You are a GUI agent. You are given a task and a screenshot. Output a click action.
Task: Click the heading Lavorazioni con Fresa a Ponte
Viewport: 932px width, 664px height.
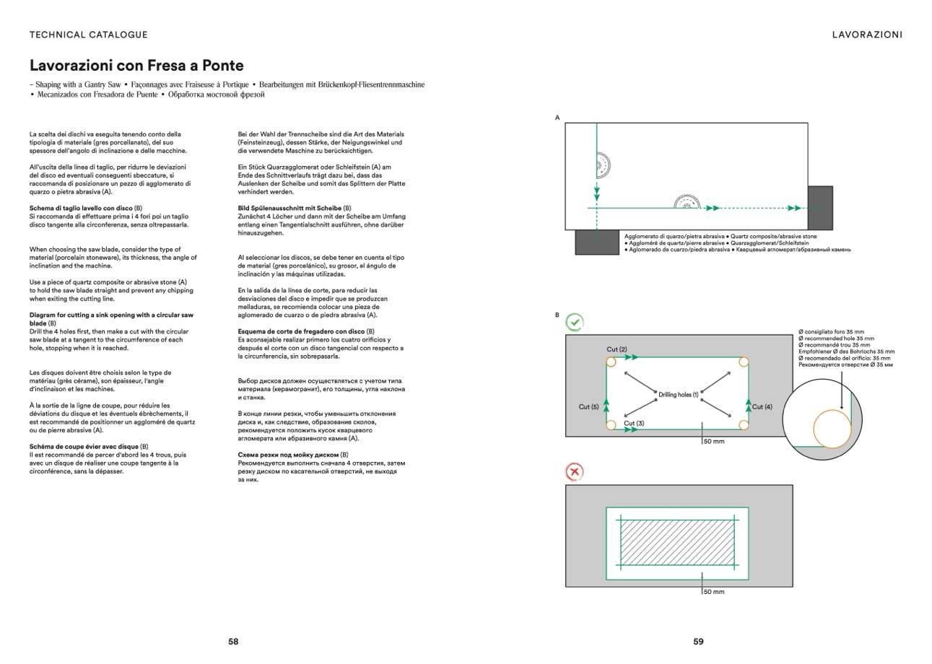[136, 66]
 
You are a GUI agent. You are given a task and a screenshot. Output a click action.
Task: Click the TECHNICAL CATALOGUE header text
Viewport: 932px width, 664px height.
[89, 35]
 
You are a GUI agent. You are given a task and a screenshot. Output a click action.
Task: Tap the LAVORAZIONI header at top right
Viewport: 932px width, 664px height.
[867, 35]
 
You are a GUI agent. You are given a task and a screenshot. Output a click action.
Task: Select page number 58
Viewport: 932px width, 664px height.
[233, 641]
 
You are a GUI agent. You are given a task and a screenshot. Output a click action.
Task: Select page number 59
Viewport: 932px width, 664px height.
[698, 641]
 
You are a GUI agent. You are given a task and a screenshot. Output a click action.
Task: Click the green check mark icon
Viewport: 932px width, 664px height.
[575, 322]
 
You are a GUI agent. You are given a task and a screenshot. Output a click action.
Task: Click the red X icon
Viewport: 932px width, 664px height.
[575, 472]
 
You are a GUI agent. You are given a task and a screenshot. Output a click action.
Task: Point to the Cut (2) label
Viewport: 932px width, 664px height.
[617, 349]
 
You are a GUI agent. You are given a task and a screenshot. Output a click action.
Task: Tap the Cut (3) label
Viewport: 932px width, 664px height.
[634, 424]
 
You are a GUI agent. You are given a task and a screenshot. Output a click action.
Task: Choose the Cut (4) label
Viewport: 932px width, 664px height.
[762, 407]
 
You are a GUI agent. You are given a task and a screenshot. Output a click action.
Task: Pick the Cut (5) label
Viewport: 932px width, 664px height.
[588, 407]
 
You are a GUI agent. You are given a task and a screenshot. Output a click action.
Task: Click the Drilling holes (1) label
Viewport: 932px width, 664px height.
[679, 395]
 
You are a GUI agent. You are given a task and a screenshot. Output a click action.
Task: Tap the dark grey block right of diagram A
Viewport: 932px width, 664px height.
[819, 208]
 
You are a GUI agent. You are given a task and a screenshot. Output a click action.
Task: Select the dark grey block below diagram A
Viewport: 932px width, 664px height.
[597, 242]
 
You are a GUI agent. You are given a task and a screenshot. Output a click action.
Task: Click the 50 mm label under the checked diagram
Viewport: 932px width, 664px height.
[713, 441]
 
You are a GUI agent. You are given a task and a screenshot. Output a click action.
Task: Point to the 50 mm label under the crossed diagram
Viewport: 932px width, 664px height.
[713, 592]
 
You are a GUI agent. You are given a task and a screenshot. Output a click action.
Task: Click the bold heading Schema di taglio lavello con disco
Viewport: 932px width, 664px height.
[81, 208]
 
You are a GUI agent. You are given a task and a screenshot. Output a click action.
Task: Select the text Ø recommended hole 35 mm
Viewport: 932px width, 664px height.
[836, 338]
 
